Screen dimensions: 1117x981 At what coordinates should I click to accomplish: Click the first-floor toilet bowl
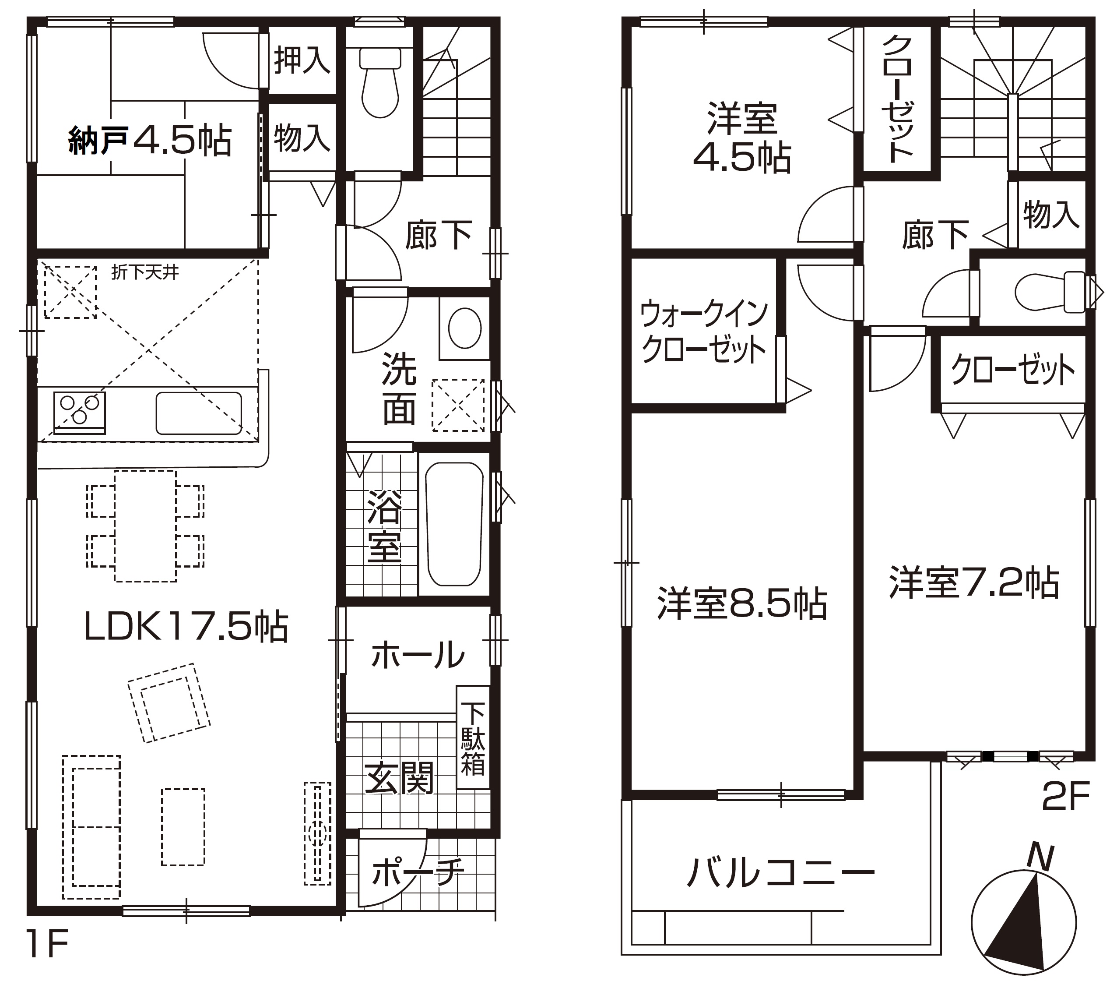click(x=380, y=83)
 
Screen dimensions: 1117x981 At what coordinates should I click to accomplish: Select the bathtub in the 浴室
click(x=454, y=524)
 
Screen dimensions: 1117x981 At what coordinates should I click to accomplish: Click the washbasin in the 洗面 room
click(x=464, y=328)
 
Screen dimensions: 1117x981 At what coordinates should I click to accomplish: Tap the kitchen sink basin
click(x=199, y=413)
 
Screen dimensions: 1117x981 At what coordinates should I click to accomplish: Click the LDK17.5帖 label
click(x=186, y=627)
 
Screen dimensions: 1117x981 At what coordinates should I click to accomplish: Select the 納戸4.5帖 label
click(x=150, y=141)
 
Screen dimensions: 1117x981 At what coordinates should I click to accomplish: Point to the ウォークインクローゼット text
click(x=704, y=332)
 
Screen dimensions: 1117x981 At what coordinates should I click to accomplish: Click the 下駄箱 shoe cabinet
click(x=473, y=737)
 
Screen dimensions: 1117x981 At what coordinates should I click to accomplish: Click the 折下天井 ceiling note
click(x=145, y=272)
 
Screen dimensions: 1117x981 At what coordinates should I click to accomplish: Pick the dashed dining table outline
click(x=145, y=526)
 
